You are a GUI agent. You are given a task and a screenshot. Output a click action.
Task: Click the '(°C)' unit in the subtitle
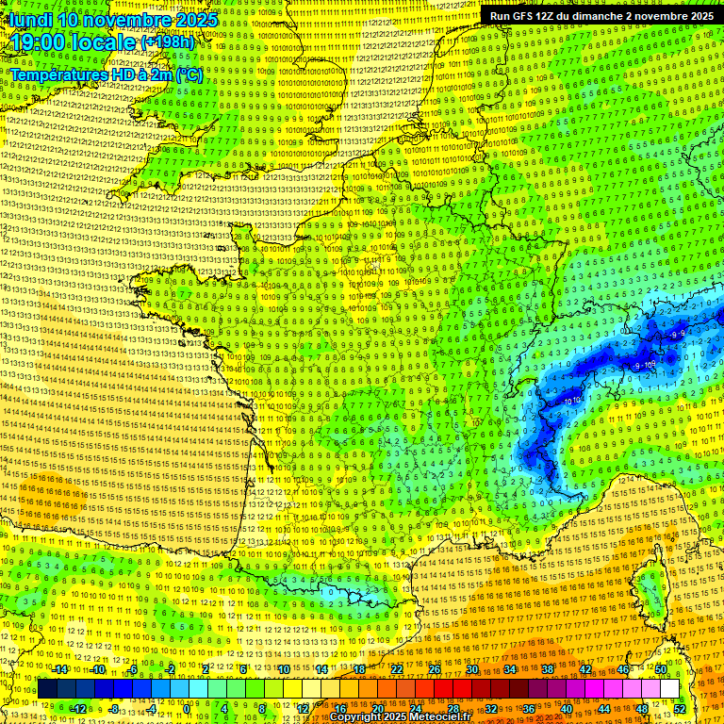point(188,74)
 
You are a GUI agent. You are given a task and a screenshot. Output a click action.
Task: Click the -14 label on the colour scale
point(61,669)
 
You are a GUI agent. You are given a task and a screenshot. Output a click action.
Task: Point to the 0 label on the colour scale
point(189,709)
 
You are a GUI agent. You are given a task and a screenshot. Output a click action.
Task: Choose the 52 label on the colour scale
point(680,709)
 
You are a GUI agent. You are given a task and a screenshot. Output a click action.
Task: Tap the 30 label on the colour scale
point(471,669)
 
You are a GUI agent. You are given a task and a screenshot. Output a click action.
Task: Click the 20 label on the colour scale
point(377,709)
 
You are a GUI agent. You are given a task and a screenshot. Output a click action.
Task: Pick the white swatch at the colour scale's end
point(669,689)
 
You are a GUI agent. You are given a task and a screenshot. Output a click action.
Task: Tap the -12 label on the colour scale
point(79,709)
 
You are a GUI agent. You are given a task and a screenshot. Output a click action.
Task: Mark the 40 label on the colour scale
point(567,709)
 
